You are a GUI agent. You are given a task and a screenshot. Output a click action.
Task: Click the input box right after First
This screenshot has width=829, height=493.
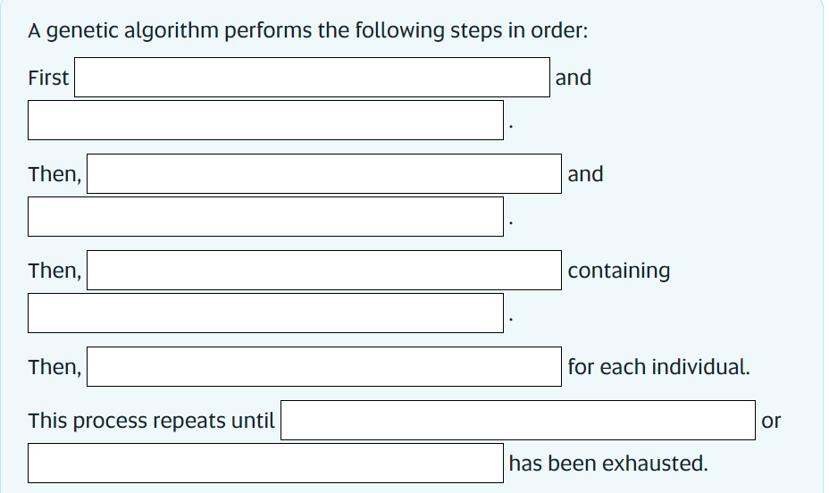tap(312, 78)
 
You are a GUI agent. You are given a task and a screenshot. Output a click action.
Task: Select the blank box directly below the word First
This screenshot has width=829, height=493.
tap(265, 121)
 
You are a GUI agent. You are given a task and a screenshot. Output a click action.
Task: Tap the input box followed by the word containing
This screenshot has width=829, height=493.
tap(323, 270)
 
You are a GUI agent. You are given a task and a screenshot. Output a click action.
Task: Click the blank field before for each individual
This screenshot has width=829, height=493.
tap(323, 366)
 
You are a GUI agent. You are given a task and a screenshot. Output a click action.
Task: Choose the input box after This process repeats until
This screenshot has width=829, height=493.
tap(518, 420)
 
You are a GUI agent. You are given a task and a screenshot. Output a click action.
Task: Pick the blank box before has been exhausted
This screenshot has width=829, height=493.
tap(265, 463)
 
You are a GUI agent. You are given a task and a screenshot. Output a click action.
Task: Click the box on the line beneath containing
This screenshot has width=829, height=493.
tap(265, 313)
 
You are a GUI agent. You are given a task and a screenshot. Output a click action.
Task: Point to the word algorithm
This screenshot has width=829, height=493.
tap(170, 30)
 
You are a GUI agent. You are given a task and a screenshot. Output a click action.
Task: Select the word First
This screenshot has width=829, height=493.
tap(48, 78)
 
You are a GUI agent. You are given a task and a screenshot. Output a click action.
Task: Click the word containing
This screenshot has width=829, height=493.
tap(618, 270)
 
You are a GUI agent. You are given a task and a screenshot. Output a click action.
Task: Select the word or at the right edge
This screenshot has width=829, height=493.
tap(772, 420)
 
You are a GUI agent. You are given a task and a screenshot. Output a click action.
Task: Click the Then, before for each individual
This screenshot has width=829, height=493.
tap(54, 366)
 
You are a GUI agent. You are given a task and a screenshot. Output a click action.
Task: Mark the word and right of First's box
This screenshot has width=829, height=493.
tap(573, 78)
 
